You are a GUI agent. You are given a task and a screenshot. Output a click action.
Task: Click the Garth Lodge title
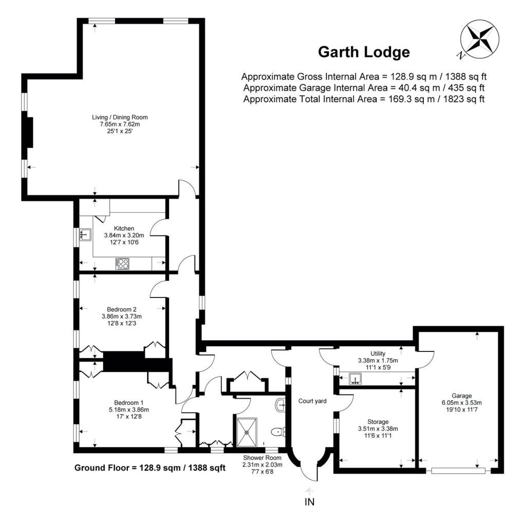pos(364,52)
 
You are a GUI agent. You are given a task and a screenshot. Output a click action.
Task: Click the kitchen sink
pos(86,235)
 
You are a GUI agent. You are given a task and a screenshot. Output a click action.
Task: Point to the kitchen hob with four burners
pos(123,263)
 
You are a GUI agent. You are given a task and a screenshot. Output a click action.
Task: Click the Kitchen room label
pos(124,229)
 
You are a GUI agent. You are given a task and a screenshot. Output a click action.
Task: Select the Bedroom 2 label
pos(121,309)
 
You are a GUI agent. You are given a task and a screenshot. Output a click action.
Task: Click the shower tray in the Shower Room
pos(249,432)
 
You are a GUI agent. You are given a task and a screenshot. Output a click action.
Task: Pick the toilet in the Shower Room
pos(279,432)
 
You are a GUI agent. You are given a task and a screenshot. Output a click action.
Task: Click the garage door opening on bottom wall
pos(459,470)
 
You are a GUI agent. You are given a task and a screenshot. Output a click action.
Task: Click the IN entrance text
pos(309,502)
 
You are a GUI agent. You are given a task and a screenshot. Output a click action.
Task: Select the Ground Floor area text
pos(150,468)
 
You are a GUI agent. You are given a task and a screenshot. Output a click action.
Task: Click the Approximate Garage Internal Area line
pos(364,87)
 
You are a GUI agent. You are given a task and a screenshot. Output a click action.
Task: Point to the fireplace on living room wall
pos(29,133)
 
